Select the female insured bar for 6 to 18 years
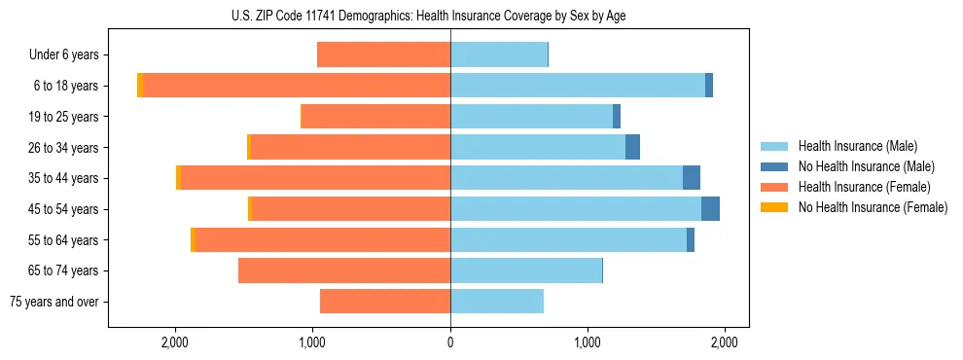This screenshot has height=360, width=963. point(297,86)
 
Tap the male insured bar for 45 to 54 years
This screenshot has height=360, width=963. point(576,209)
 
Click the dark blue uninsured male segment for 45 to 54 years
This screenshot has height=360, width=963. point(710,209)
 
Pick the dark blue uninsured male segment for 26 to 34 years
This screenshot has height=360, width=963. point(632,148)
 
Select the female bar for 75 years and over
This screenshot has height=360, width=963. point(385,302)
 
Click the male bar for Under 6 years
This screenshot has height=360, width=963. point(499,55)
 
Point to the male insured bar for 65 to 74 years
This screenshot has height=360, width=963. point(526,270)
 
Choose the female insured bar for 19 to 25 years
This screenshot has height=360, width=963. point(375,117)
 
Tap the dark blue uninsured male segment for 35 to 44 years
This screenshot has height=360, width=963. point(692,178)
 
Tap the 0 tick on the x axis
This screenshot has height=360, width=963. point(450,342)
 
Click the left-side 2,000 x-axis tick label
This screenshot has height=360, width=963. point(175,342)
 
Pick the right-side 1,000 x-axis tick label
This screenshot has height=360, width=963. point(588,342)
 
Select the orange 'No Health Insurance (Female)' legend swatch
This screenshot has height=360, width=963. point(774,207)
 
